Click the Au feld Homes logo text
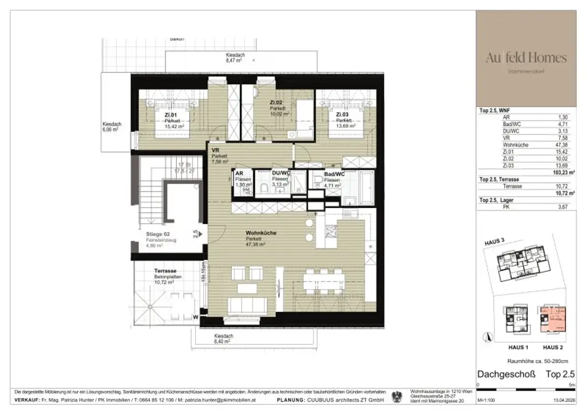point(526,58)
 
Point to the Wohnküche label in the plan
point(262,233)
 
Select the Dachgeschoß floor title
point(506,375)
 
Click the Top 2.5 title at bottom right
point(559,375)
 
